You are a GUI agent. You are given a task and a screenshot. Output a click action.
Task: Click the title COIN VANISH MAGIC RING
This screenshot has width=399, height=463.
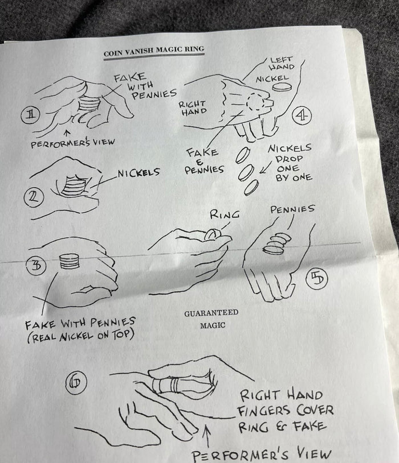tap(154, 51)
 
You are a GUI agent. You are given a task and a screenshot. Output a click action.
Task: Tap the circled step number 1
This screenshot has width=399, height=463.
tap(30, 115)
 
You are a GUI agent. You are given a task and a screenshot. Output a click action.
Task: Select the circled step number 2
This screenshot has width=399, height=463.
tap(34, 197)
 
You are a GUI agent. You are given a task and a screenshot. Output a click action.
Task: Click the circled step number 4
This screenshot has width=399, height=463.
tap(302, 115)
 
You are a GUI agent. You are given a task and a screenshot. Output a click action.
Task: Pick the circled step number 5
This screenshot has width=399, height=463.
tap(317, 279)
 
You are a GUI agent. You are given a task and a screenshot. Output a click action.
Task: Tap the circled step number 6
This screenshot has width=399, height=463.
tap(76, 383)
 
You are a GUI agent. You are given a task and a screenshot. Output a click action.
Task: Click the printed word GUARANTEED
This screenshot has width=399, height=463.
tap(211, 313)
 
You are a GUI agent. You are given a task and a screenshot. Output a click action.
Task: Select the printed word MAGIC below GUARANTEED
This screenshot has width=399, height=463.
tap(213, 325)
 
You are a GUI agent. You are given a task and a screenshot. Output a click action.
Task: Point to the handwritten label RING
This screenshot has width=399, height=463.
tap(225, 214)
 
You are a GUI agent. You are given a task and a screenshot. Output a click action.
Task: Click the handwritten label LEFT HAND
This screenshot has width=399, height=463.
tap(282, 63)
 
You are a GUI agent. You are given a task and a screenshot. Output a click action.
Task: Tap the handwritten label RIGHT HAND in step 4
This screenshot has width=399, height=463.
tap(192, 108)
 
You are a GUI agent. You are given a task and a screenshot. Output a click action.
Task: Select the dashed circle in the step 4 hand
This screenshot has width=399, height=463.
tap(255, 102)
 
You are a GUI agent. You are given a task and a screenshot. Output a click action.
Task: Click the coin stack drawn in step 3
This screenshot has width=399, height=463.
tap(70, 261)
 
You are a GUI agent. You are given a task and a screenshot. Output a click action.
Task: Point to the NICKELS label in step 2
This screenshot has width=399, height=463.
tap(139, 172)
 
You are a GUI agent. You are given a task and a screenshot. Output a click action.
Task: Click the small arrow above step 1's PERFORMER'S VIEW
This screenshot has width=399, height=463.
tap(68, 133)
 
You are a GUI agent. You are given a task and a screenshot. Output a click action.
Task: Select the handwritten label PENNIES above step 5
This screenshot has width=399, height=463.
tap(292, 209)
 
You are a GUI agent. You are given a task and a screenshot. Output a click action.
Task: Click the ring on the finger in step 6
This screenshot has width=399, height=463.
tap(166, 385)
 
